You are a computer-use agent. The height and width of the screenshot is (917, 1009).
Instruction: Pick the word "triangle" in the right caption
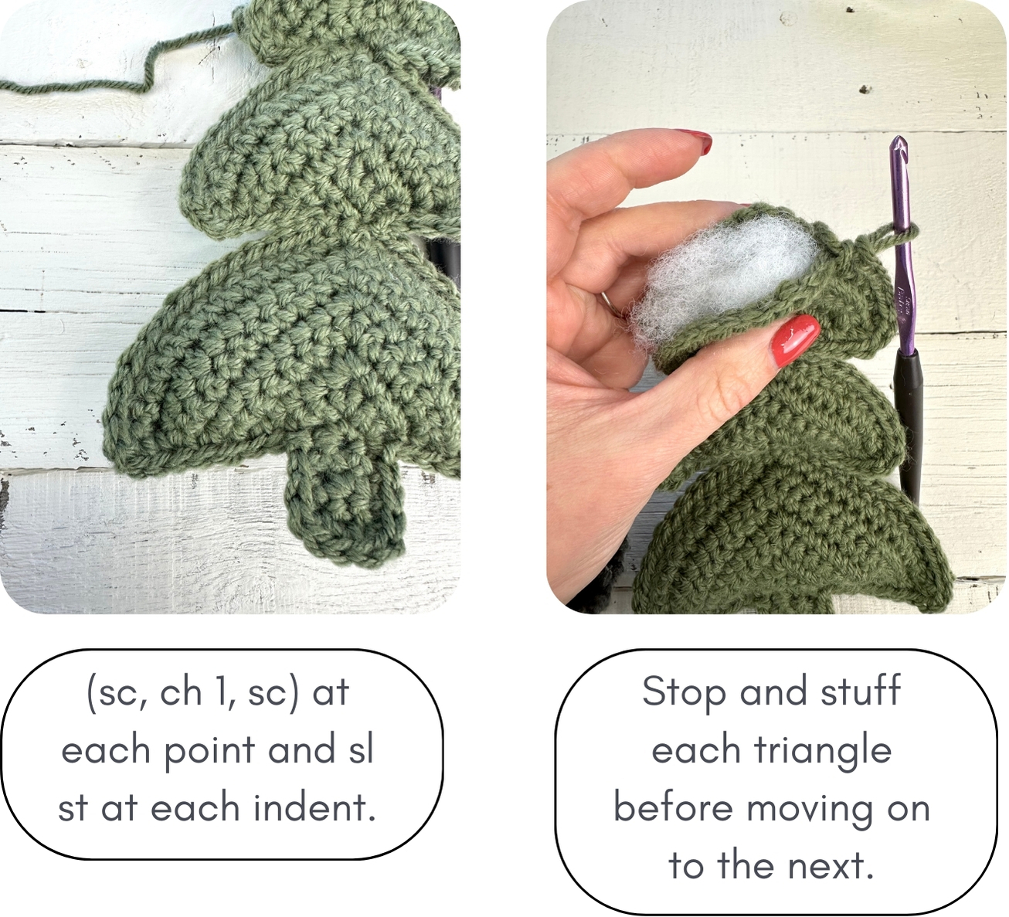click(x=822, y=750)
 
